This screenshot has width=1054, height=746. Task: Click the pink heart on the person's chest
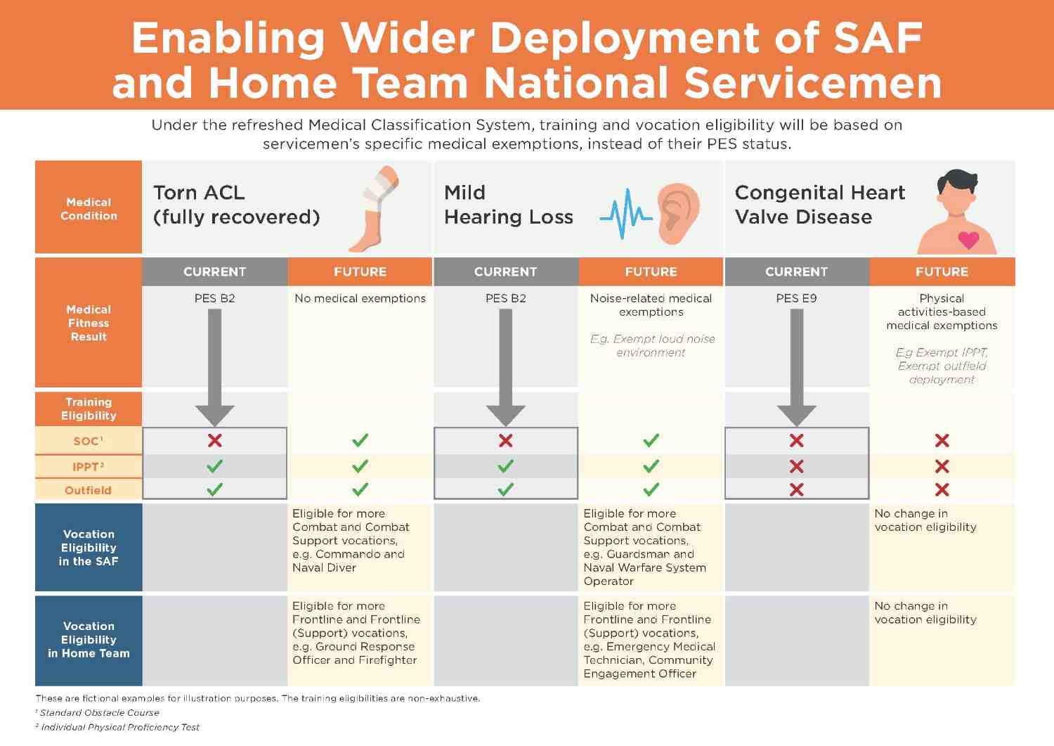pyautogui.click(x=968, y=240)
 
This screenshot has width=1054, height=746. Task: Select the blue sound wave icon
pyautogui.click(x=625, y=214)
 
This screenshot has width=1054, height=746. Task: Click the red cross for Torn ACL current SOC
pyautogui.click(x=215, y=440)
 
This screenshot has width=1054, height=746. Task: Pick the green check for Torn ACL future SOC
pyautogui.click(x=360, y=440)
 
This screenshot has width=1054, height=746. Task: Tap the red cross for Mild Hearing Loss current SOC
pyautogui.click(x=505, y=440)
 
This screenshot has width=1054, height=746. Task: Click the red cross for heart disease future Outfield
pyautogui.click(x=942, y=489)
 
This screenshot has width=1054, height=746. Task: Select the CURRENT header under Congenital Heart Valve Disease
pyautogui.click(x=796, y=271)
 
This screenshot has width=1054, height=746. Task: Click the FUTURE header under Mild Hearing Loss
pyautogui.click(x=651, y=271)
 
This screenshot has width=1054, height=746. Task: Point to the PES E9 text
pyautogui.click(x=796, y=298)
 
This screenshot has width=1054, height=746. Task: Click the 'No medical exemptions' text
pyautogui.click(x=360, y=298)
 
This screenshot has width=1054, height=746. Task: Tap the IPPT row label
pyautogui.click(x=89, y=466)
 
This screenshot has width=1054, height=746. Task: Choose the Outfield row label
pyautogui.click(x=89, y=490)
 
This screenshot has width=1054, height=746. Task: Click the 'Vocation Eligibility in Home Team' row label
pyautogui.click(x=89, y=640)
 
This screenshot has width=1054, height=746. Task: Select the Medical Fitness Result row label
pyautogui.click(x=89, y=323)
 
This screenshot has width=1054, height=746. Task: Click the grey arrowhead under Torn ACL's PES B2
pyautogui.click(x=215, y=416)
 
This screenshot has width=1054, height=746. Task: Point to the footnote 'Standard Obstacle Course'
pyautogui.click(x=99, y=712)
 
